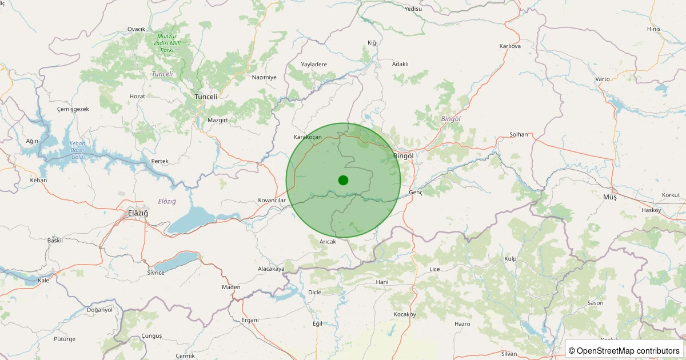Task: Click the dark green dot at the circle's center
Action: pyautogui.click(x=343, y=180)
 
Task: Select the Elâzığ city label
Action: pyautogui.click(x=138, y=213)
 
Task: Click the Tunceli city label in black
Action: pyautogui.click(x=206, y=97)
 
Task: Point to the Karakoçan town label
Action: pyautogui.click(x=308, y=137)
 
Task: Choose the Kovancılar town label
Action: pyautogui.click(x=272, y=200)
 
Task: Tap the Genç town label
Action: pyautogui.click(x=416, y=193)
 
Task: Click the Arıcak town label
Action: pyautogui.click(x=328, y=242)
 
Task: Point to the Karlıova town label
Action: pyautogui.click(x=510, y=46)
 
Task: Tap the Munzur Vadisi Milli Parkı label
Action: pyautogui.click(x=166, y=43)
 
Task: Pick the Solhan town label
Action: pyautogui.click(x=519, y=134)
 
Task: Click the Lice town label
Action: pyautogui.click(x=434, y=269)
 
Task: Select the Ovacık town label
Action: pyautogui.click(x=137, y=29)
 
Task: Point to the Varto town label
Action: pyautogui.click(x=603, y=79)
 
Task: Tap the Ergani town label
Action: pyautogui.click(x=250, y=319)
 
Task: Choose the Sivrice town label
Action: pyautogui.click(x=155, y=273)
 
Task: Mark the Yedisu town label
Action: pyautogui.click(x=413, y=9)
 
